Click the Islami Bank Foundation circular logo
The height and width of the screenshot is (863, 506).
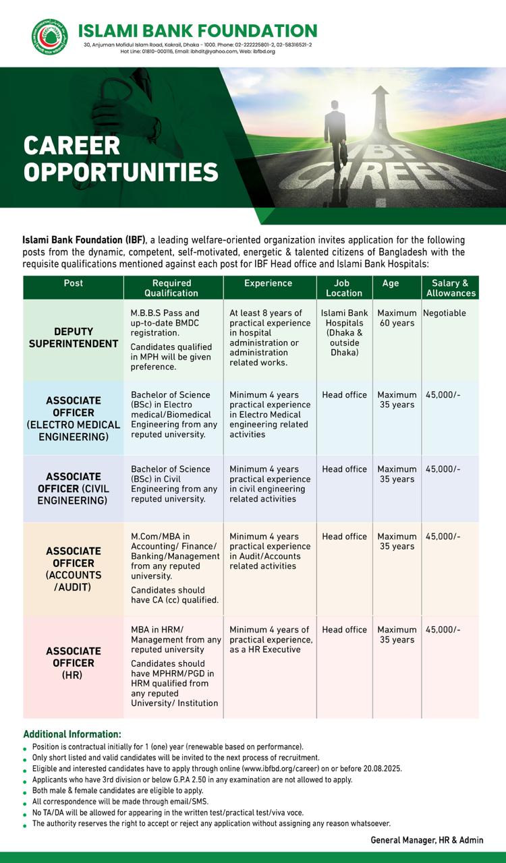[45, 38]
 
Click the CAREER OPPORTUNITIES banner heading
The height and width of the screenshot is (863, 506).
[121, 158]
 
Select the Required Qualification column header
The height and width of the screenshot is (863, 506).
[171, 288]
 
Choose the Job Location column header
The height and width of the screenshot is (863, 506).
[344, 288]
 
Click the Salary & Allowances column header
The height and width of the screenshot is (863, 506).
[451, 288]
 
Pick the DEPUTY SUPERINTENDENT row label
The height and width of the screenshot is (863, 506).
[73, 338]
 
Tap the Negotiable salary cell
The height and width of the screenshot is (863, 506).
[444, 314]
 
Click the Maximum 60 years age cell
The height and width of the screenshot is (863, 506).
[397, 318]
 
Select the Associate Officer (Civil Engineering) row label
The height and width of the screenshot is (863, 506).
[73, 489]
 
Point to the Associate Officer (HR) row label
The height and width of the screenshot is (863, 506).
[73, 663]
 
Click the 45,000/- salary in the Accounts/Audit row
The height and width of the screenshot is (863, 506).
[443, 537]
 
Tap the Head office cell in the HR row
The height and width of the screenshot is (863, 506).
[344, 630]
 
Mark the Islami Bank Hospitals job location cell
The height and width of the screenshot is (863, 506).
[344, 333]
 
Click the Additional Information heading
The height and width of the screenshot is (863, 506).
[72, 734]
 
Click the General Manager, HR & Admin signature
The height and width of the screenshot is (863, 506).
[426, 840]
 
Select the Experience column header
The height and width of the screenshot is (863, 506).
[268, 283]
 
